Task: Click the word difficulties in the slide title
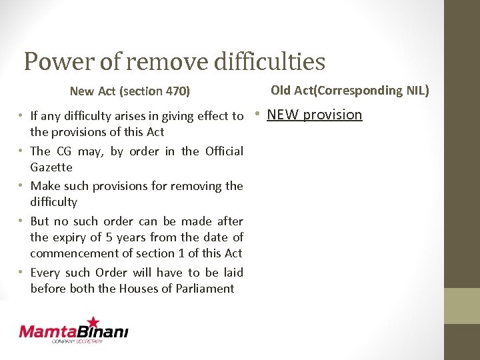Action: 270,61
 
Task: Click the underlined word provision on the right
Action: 333,115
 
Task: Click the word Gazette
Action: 51,167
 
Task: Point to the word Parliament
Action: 203,289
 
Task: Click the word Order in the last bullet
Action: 111,273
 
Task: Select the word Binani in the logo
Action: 105,331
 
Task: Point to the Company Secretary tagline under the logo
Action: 77,341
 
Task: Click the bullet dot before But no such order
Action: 22,221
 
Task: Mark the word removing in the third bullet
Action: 199,186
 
